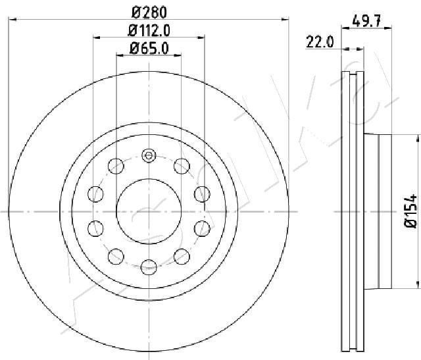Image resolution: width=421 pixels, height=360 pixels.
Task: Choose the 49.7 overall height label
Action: point(368,21)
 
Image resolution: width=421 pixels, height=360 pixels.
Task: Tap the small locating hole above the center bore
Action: point(148,157)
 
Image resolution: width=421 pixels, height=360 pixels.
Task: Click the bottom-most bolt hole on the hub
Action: point(148,265)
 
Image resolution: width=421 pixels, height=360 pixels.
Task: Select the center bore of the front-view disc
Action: point(148,211)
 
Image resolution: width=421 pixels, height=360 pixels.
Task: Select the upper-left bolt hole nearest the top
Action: point(116,165)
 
